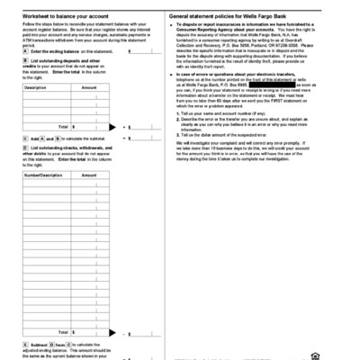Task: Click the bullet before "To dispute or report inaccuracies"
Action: tap(171, 29)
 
